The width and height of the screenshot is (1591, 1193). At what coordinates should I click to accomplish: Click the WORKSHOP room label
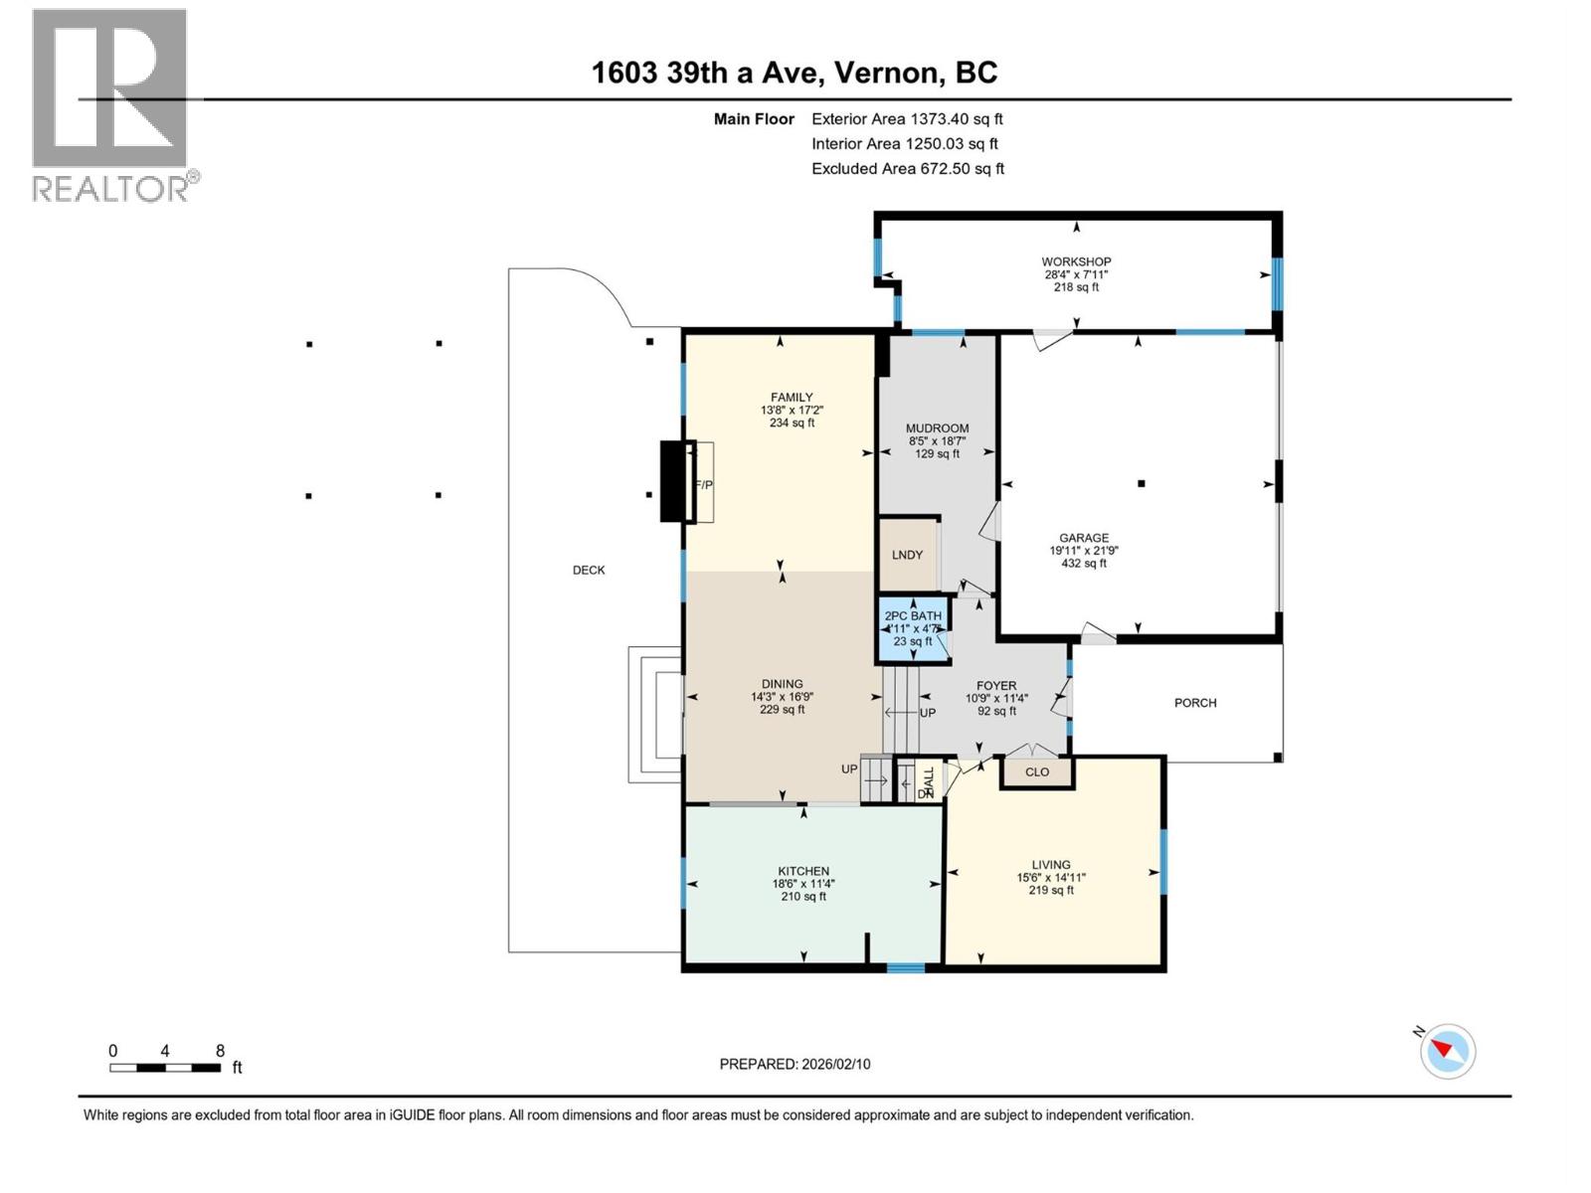(1077, 262)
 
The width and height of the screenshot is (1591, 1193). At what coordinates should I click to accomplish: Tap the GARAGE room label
(1083, 538)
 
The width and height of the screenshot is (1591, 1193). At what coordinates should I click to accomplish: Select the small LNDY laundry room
(908, 555)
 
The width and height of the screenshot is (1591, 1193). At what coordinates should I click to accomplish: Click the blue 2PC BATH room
(913, 629)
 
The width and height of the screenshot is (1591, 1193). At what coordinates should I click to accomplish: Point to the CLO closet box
(1037, 772)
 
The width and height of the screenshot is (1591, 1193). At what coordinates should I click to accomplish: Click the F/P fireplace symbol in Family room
(703, 484)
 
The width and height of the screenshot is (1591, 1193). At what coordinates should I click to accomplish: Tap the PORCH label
(1195, 703)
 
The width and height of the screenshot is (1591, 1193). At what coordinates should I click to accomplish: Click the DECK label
(589, 570)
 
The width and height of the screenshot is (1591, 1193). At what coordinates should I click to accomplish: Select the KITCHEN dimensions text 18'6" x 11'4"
(803, 884)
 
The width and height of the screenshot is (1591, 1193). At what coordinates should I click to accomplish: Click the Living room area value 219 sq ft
(1051, 891)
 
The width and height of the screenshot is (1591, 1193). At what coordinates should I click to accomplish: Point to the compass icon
(1448, 1051)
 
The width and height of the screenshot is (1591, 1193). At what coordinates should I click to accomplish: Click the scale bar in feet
(166, 1068)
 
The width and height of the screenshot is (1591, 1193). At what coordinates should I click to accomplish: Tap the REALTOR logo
(110, 104)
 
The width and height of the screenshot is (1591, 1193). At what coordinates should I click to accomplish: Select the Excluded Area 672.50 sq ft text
(907, 169)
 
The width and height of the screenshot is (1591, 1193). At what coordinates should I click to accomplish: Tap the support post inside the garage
(1142, 484)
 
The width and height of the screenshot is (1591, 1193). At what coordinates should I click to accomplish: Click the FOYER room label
(996, 686)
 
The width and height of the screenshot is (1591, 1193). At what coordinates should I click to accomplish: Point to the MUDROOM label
(937, 428)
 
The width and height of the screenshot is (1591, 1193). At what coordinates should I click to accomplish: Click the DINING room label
(783, 684)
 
